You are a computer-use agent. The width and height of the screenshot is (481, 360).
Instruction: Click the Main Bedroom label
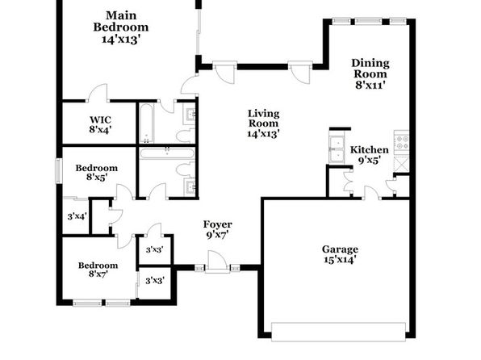click(121, 21)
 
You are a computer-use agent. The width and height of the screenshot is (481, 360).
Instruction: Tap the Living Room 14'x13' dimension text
click(264, 133)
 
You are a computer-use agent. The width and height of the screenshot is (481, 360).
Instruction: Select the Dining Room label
click(370, 69)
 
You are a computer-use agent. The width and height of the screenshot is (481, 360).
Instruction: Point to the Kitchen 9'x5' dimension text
click(370, 160)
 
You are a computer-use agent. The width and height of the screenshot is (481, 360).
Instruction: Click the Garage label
click(340, 249)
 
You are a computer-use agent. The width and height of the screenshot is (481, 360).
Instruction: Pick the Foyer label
click(217, 224)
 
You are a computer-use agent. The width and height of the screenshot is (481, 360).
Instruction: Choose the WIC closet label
click(100, 119)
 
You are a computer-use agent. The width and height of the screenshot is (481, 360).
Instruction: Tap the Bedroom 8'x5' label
click(97, 173)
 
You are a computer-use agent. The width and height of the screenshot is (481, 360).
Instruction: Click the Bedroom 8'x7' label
click(98, 270)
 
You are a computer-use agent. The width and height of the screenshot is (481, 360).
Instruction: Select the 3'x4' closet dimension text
click(77, 216)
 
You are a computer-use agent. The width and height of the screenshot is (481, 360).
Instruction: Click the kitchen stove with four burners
click(401, 142)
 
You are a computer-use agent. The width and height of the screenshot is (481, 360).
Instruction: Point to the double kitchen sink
click(337, 149)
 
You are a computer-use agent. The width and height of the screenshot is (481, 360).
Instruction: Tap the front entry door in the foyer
click(217, 262)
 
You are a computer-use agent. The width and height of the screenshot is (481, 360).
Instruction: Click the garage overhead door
click(338, 332)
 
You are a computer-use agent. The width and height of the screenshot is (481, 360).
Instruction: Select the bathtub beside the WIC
click(146, 123)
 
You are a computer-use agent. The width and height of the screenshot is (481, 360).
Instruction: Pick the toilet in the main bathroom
click(186, 136)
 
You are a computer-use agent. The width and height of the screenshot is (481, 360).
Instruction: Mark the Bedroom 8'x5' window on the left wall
click(59, 171)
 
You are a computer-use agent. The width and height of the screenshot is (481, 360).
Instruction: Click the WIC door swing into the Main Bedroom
click(98, 92)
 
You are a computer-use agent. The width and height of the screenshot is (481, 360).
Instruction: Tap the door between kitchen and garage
click(372, 193)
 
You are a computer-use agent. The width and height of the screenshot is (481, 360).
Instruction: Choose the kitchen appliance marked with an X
click(401, 164)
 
